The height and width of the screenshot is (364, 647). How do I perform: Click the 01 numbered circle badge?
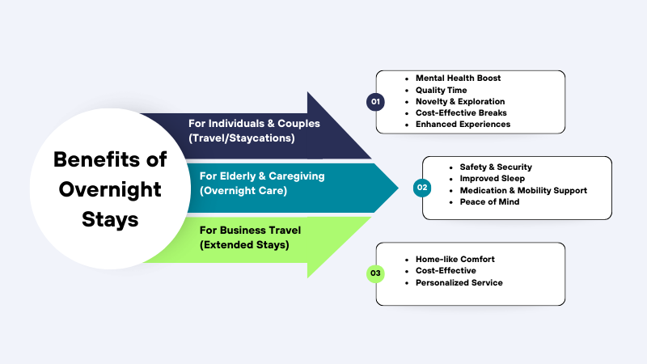coord(374,102)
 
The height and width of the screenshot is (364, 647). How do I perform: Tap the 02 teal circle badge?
coord(421,188)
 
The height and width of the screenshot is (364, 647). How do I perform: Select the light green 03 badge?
coord(374,274)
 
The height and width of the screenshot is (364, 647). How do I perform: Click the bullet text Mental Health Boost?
coord(458,78)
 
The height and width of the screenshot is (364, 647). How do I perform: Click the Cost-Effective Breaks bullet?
coord(461,113)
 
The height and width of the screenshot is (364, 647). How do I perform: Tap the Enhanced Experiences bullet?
coord(463,125)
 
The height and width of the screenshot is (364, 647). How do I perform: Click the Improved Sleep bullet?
coord(491,178)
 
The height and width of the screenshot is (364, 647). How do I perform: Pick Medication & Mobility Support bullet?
coord(523,190)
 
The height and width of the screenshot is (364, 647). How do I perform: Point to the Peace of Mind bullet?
coord(489,201)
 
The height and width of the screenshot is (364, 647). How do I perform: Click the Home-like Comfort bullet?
coord(455,259)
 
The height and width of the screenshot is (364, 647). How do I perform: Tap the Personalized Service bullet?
coord(459,282)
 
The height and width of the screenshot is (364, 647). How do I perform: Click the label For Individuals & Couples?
coord(253,124)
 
